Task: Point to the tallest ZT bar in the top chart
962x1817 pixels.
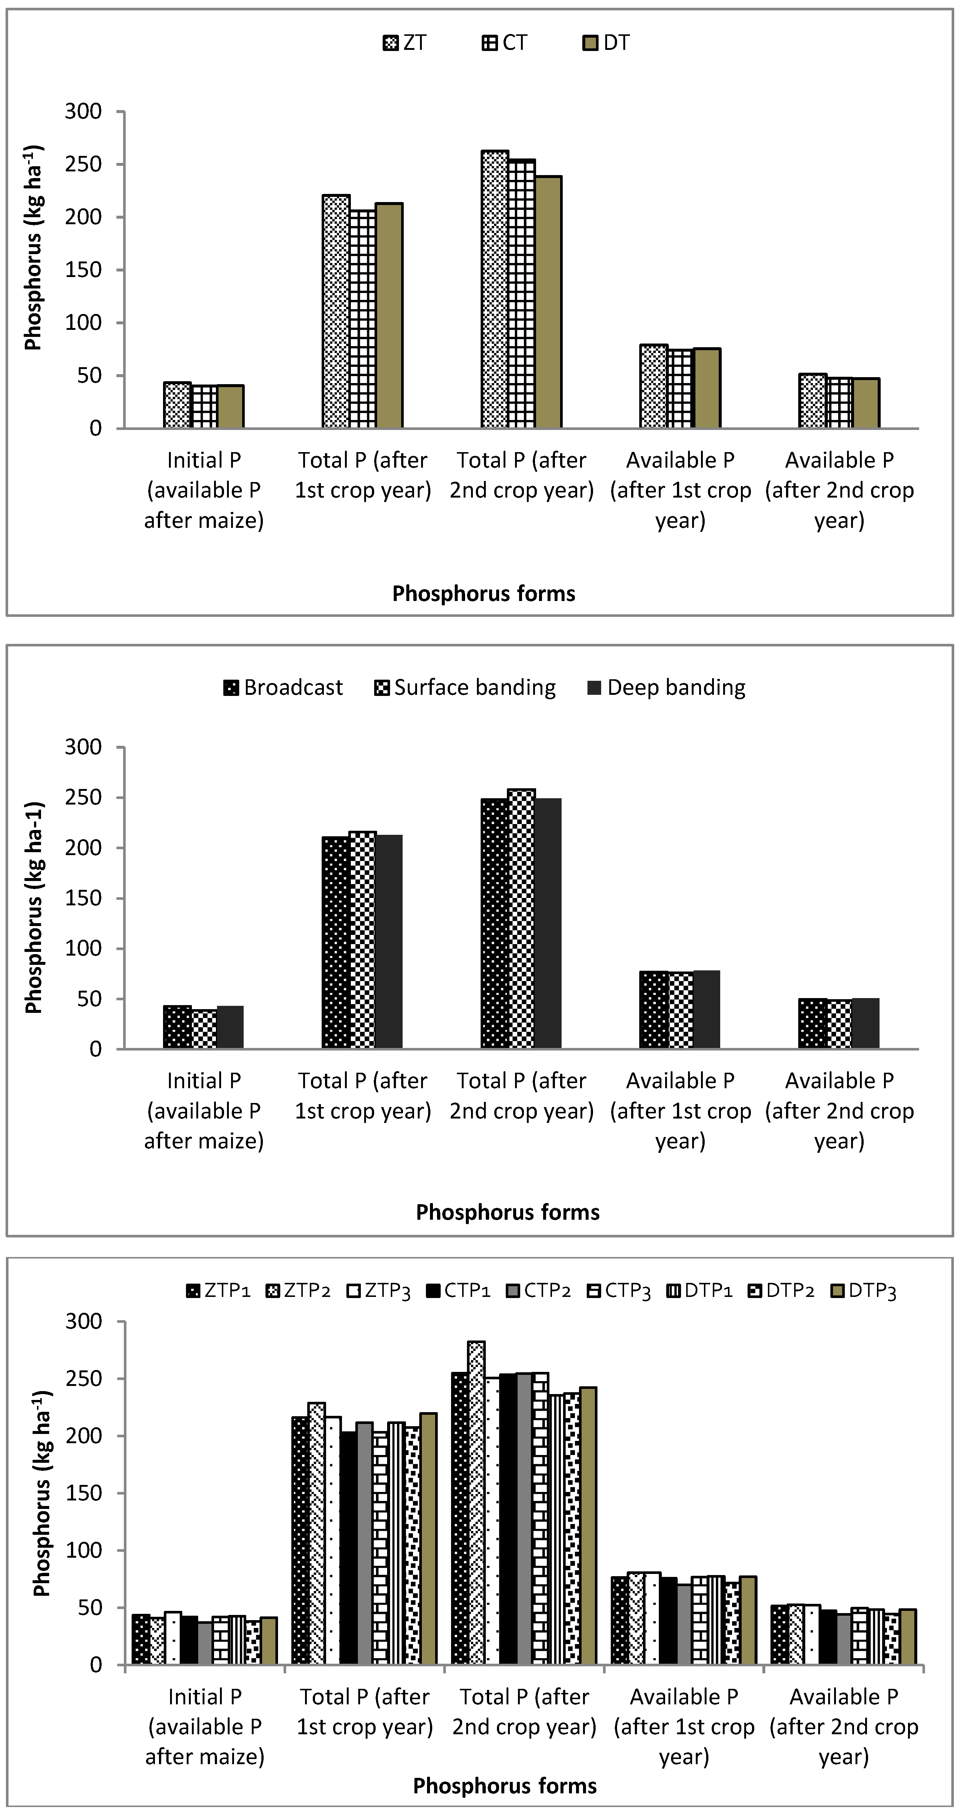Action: [494, 289]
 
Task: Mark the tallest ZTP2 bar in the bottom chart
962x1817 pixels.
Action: [477, 1502]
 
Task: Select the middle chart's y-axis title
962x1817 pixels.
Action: [34, 907]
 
